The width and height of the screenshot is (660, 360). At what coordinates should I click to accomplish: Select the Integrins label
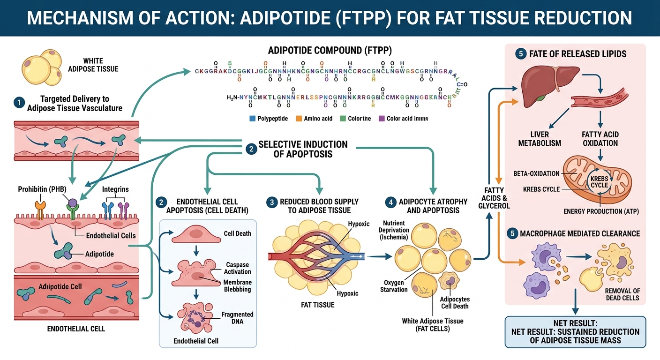[115, 189]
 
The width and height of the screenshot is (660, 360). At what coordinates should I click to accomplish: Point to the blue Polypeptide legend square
[253, 119]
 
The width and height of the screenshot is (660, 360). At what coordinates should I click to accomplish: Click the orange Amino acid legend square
[299, 119]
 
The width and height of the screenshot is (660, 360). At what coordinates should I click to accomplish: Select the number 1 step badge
[19, 102]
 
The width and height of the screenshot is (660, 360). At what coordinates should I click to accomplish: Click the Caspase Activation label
[238, 268]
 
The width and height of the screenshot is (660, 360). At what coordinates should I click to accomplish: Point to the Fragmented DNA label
[238, 318]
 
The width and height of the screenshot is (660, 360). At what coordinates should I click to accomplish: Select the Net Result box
[575, 332]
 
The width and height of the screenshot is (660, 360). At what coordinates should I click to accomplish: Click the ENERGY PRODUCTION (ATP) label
[601, 211]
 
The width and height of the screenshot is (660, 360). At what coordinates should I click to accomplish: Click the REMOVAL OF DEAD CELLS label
[622, 294]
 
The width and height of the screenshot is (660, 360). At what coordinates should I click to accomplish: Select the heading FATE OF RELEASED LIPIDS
[577, 54]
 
